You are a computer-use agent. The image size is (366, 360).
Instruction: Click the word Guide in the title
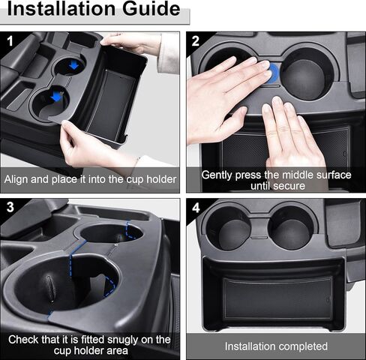(x=151, y=9)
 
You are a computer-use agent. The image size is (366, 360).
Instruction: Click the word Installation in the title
(x=61, y=9)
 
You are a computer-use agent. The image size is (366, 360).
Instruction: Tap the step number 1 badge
(x=10, y=41)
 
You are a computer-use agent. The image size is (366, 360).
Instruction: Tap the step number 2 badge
(x=196, y=41)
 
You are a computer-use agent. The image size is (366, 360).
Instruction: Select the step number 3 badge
(x=10, y=207)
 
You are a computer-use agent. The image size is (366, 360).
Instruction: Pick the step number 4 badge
(x=196, y=208)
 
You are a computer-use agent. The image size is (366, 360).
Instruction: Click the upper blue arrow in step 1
(x=73, y=65)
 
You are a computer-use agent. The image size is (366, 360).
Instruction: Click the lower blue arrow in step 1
(x=57, y=97)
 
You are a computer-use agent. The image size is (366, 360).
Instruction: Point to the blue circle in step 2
(x=274, y=73)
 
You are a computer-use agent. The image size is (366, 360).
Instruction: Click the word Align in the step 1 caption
(x=16, y=179)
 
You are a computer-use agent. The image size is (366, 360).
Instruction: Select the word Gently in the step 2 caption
(x=217, y=175)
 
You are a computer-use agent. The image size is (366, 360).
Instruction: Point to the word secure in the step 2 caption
(x=291, y=186)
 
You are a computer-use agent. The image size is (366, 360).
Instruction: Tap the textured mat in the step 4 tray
(x=278, y=298)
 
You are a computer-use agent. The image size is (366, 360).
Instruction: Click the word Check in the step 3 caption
(x=23, y=340)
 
